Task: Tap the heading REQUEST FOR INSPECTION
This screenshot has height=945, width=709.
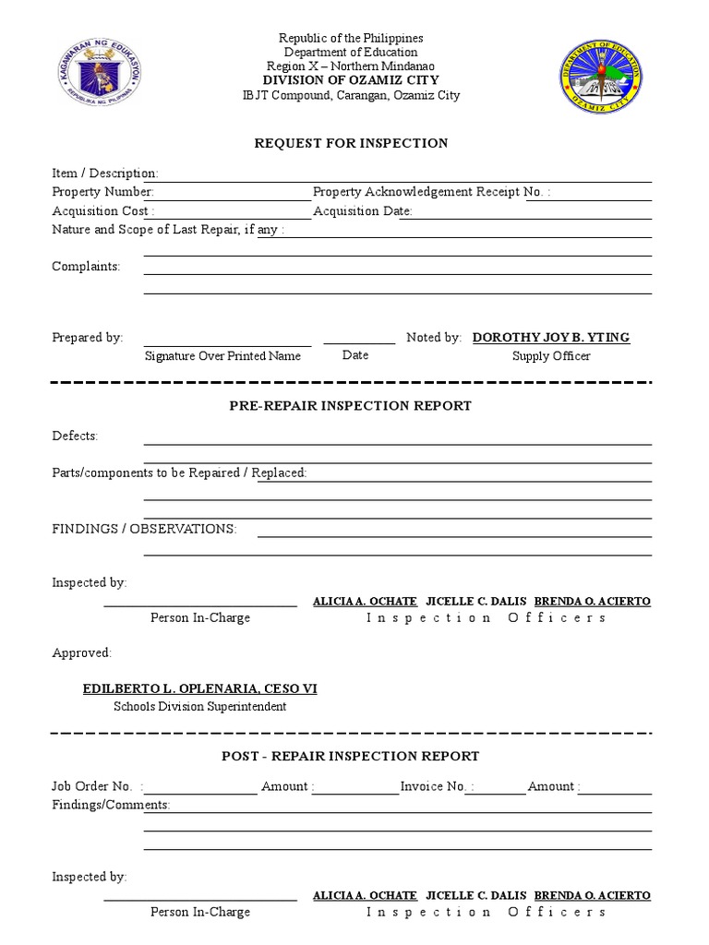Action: (x=352, y=143)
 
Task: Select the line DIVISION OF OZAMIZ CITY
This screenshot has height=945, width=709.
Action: (x=351, y=81)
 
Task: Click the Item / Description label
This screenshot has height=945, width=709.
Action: (x=105, y=173)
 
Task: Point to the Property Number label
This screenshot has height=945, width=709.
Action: (x=102, y=192)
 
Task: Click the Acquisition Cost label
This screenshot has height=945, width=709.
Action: (x=98, y=210)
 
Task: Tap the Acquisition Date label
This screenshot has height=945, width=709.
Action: (x=363, y=210)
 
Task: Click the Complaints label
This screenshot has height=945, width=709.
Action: (x=86, y=267)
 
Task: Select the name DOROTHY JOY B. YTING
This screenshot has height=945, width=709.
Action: (x=551, y=338)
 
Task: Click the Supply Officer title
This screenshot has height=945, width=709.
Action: (x=551, y=356)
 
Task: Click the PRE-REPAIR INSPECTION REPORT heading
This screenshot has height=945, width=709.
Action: (x=351, y=405)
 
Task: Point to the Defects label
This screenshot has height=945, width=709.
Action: (x=75, y=436)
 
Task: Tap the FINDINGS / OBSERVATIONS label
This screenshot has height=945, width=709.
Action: (x=144, y=529)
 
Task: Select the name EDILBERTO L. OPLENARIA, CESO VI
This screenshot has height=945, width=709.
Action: (x=200, y=689)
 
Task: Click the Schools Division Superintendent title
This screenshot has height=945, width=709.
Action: (x=199, y=707)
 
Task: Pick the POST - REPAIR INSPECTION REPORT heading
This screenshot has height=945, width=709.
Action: (x=351, y=756)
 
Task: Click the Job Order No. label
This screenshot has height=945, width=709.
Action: (x=92, y=786)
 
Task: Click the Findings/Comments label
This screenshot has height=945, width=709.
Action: (x=111, y=805)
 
